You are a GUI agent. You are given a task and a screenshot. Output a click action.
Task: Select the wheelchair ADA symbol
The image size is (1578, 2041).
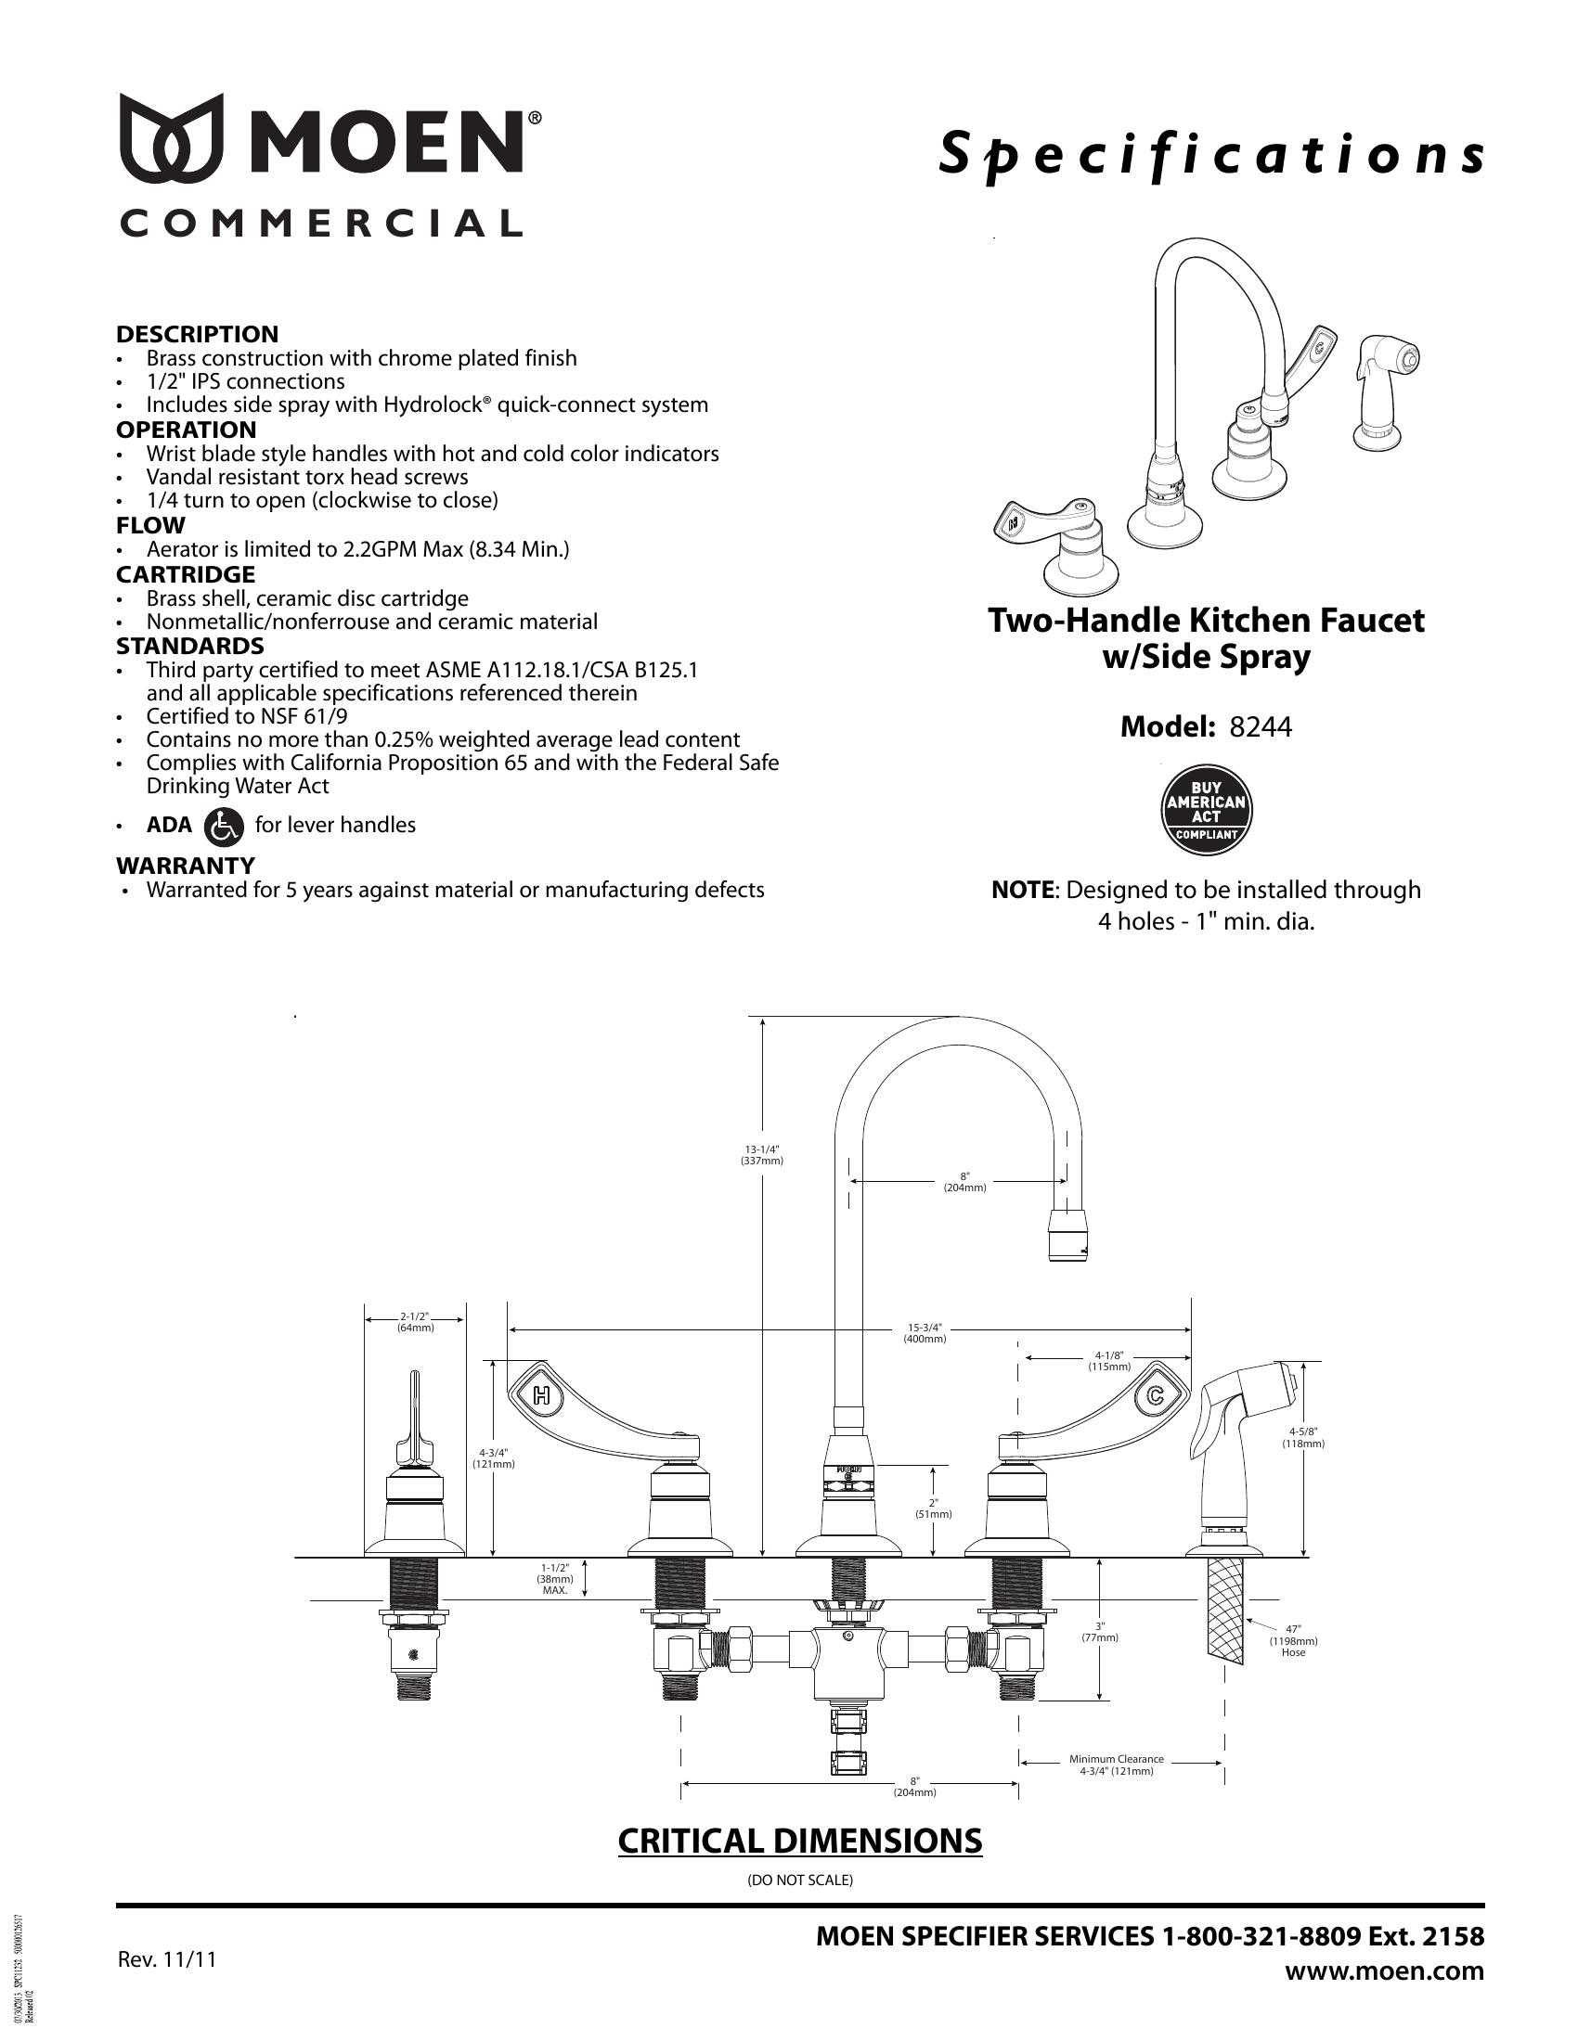tap(223, 825)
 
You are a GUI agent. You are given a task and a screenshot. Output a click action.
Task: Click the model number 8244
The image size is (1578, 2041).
tap(1261, 726)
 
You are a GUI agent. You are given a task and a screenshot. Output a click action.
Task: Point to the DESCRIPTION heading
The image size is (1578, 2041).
tap(197, 335)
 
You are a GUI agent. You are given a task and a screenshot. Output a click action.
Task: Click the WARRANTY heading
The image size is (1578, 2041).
tap(185, 866)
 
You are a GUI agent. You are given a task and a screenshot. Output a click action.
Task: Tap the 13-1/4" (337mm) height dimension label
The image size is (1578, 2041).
tap(762, 1155)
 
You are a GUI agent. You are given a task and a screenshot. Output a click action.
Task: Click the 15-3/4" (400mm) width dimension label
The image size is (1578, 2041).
tap(925, 1332)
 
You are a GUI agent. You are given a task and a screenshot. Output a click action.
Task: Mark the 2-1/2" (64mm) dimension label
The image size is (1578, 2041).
tap(415, 1321)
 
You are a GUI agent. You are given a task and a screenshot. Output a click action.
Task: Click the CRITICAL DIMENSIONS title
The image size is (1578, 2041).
tap(800, 1840)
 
